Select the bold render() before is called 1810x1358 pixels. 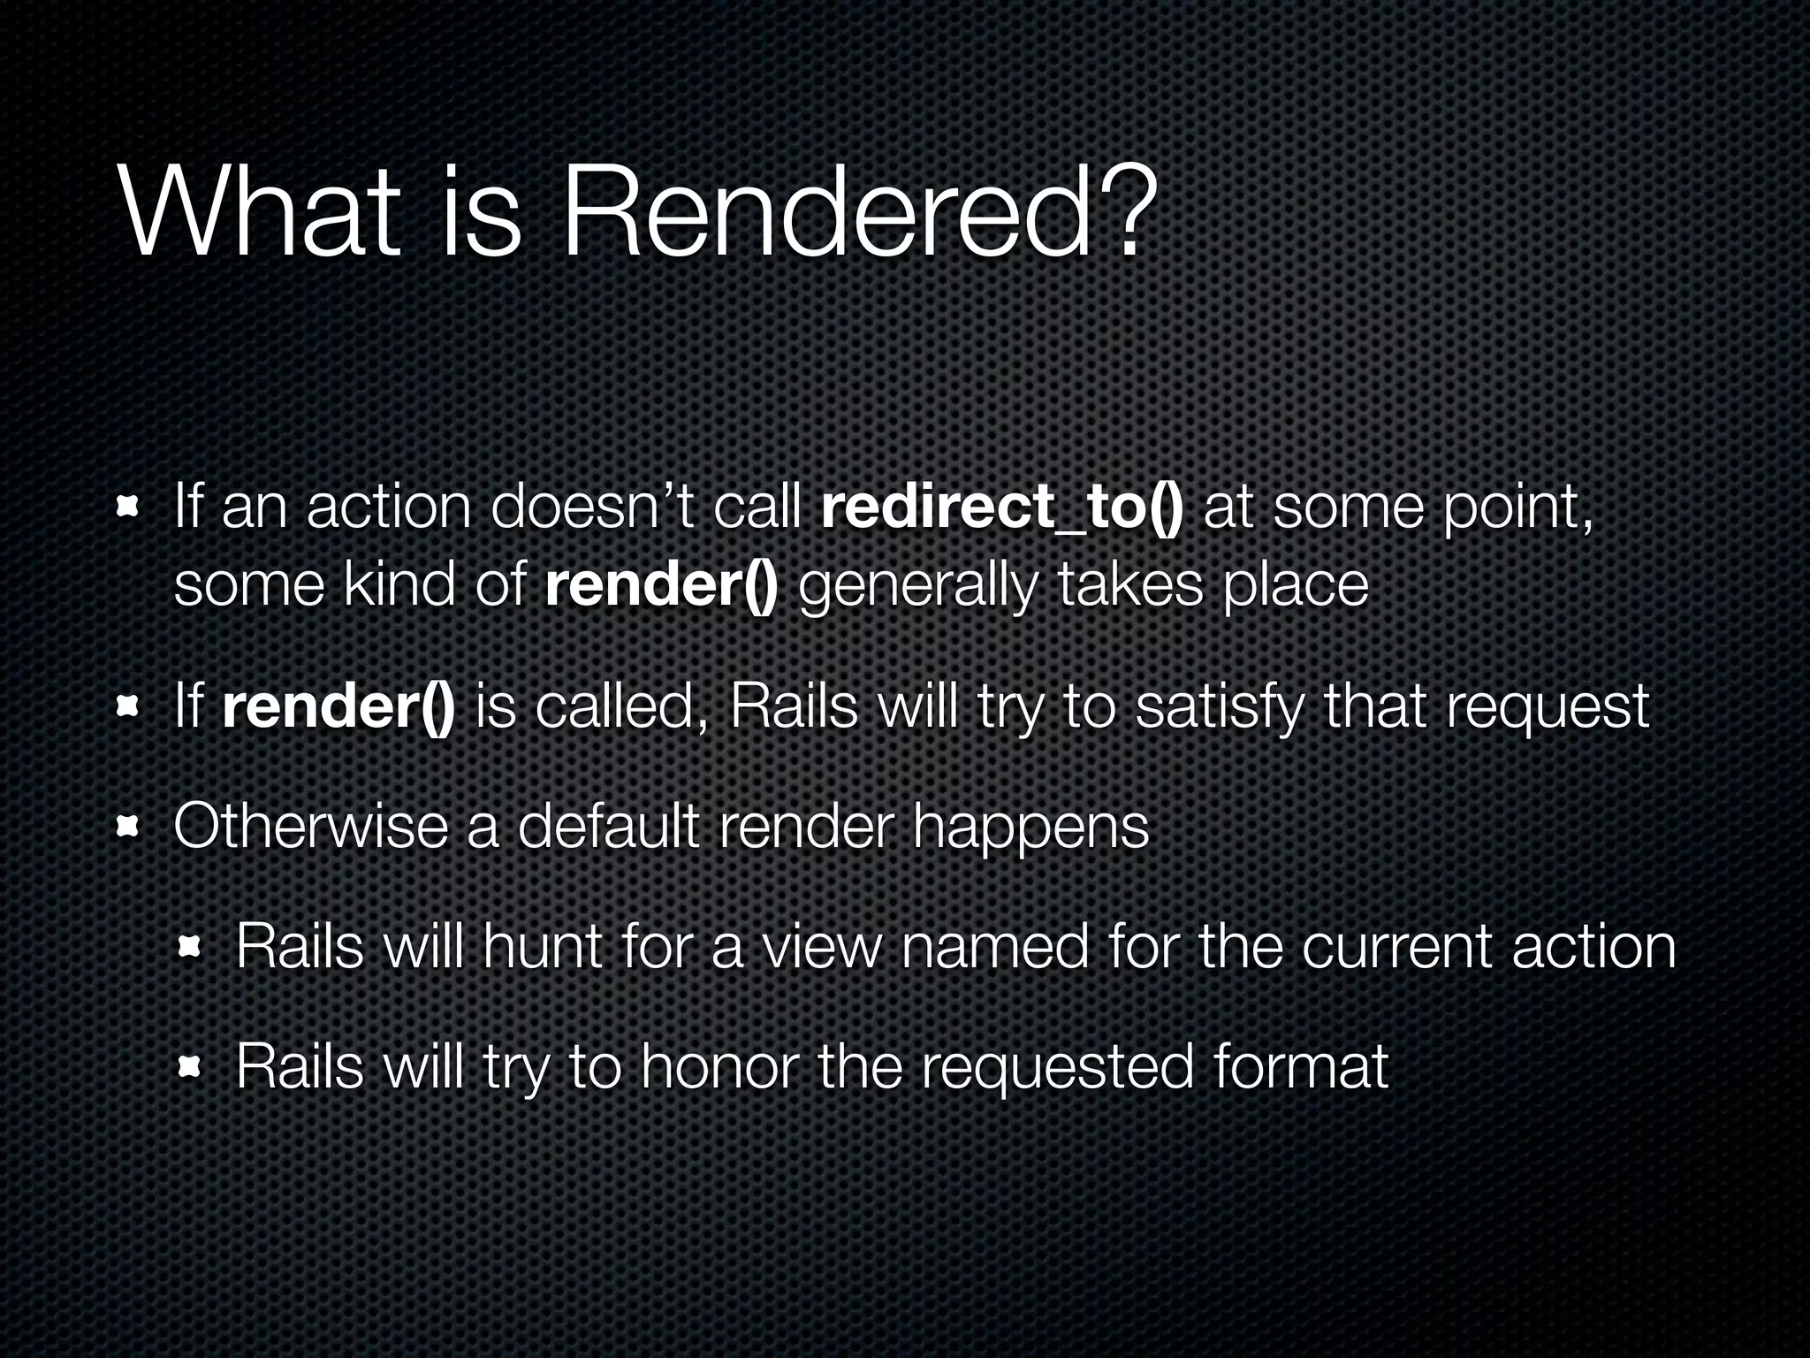tap(339, 707)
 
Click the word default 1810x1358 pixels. tap(609, 827)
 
